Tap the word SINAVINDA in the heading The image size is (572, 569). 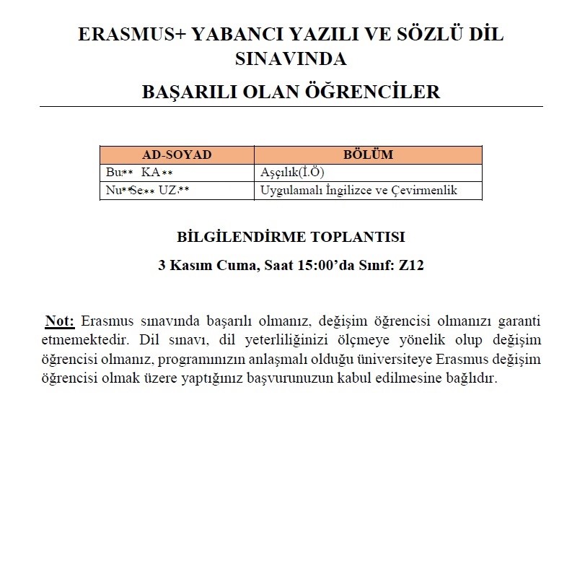(291, 58)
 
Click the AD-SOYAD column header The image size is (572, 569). (177, 155)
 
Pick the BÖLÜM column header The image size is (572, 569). (368, 155)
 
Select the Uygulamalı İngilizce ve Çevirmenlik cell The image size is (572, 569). (359, 191)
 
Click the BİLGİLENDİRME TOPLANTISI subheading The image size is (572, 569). (291, 237)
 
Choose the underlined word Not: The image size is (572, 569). (60, 321)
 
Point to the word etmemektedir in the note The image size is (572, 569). (79, 339)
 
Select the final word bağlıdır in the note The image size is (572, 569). (473, 378)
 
